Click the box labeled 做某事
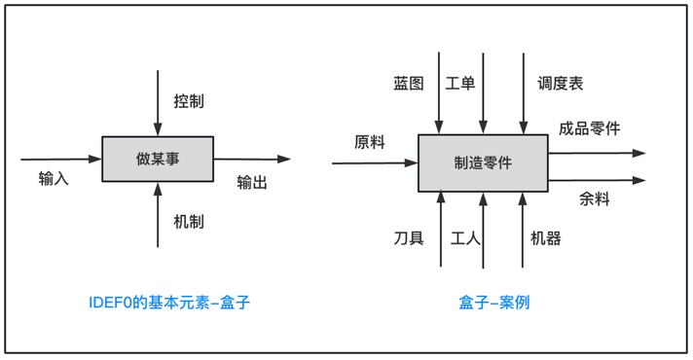point(158,159)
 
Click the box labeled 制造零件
point(483,162)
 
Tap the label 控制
point(189,100)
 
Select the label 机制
point(189,222)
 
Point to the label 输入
point(54,179)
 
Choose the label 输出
point(252,182)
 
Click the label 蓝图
point(409,84)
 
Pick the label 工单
point(460,84)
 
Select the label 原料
point(370,142)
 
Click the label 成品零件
point(589,128)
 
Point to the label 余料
point(595,199)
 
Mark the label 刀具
point(409,237)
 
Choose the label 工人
point(467,237)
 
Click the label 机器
point(546,237)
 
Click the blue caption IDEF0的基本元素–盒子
point(168,303)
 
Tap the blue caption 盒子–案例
point(494,303)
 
